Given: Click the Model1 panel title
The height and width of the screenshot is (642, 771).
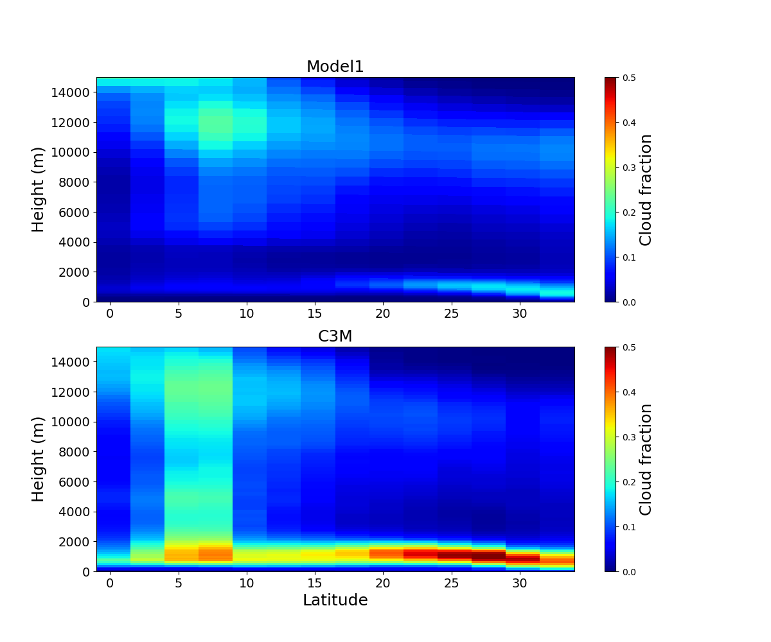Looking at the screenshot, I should (x=335, y=67).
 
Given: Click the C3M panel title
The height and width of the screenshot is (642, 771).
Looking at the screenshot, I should (x=335, y=336).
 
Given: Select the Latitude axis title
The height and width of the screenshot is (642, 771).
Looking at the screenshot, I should (x=335, y=600).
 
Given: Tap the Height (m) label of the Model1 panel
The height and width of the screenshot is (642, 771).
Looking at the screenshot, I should (x=39, y=189).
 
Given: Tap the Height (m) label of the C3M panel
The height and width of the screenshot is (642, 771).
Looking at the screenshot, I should (x=39, y=459).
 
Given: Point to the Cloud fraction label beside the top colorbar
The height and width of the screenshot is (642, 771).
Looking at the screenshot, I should (x=646, y=189).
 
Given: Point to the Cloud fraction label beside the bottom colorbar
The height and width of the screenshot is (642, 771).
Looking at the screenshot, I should (x=646, y=459).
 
